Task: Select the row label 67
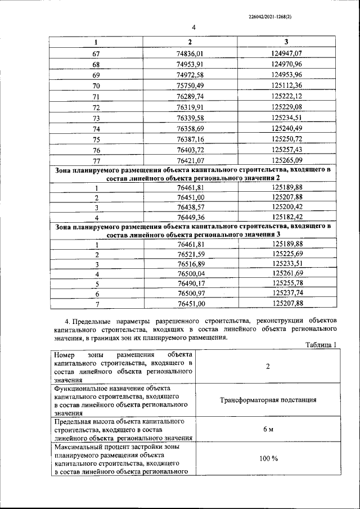pos(95,53)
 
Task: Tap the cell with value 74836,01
pos(190,53)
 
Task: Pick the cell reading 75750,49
pos(190,85)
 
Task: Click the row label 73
pos(95,118)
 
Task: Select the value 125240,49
pos(286,128)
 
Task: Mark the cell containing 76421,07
pos(190,160)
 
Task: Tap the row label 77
pos(95,160)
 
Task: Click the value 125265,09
pos(286,160)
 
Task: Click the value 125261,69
pos(286,273)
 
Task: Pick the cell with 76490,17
pos(190,283)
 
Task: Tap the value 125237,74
pos(286,294)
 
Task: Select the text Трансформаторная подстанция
pos(267,400)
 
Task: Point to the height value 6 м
pos(268,430)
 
